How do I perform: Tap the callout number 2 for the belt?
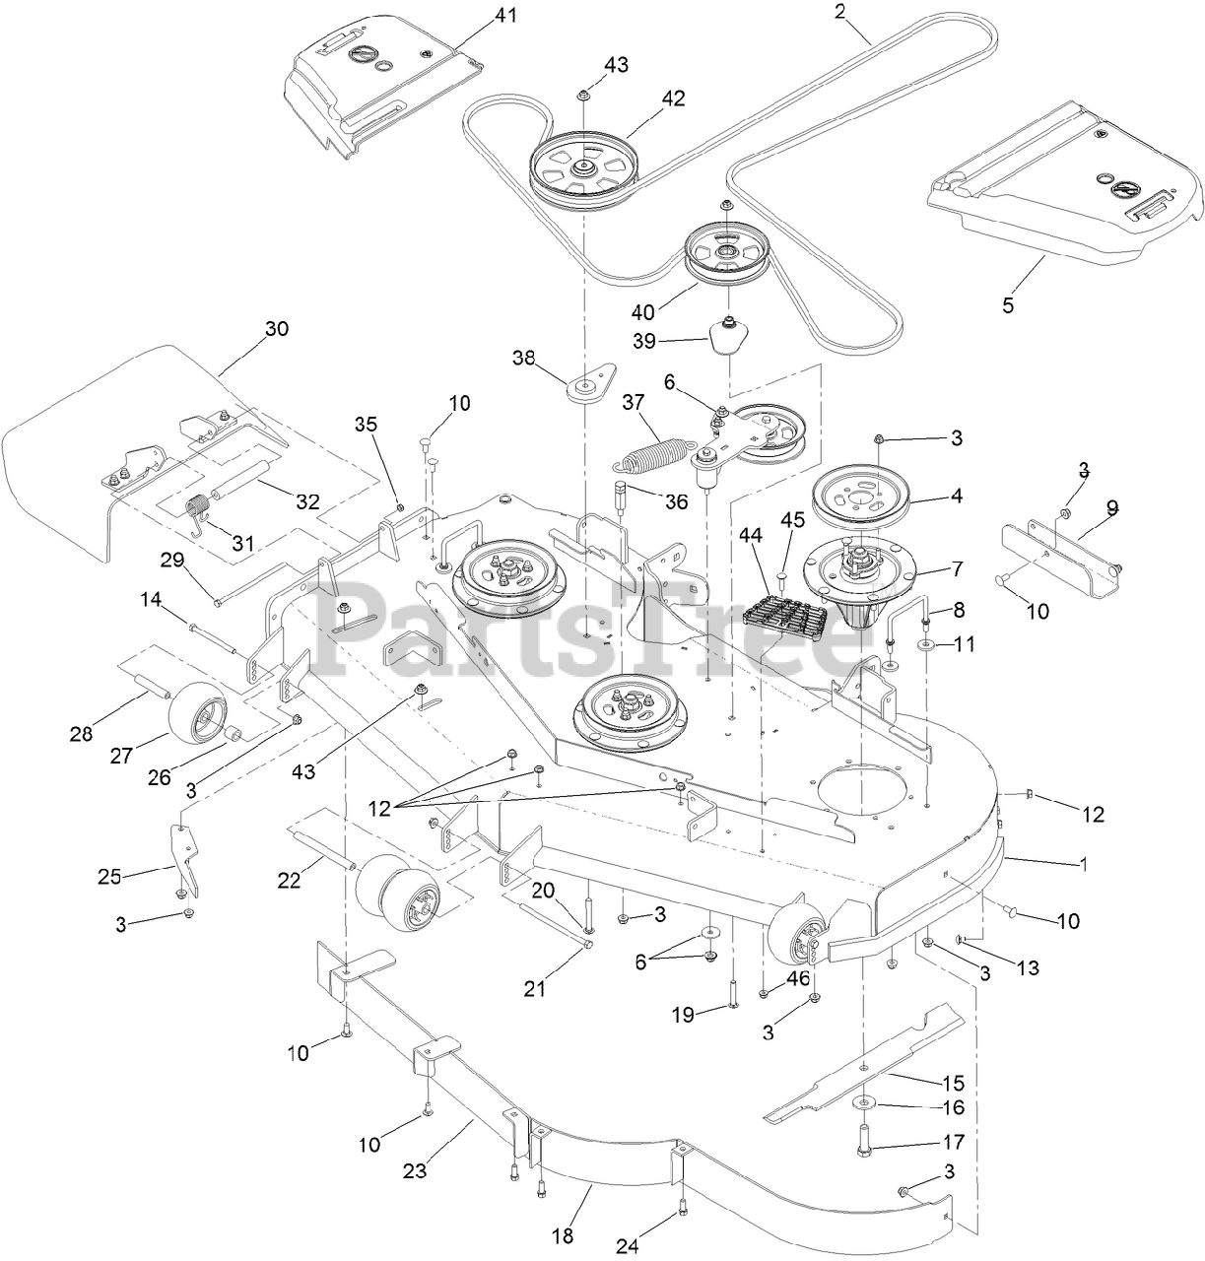(x=839, y=12)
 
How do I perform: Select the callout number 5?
(x=1007, y=304)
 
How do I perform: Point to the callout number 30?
(x=277, y=328)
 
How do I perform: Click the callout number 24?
(x=628, y=1246)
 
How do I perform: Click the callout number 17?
(x=953, y=1143)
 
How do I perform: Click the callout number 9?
(x=1112, y=508)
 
